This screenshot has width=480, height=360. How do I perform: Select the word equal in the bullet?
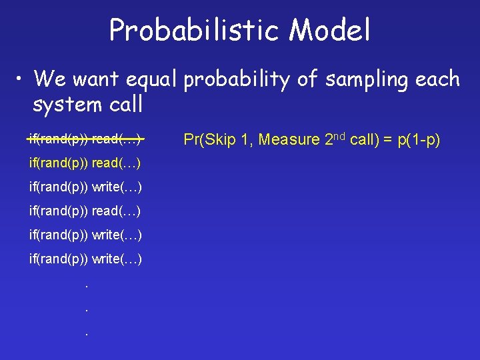pyautogui.click(x=147, y=80)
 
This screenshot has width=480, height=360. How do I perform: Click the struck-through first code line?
pyautogui.click(x=85, y=139)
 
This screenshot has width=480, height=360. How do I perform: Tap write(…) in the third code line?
pyautogui.click(x=117, y=187)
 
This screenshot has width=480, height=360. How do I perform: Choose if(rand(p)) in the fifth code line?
pyautogui.click(x=59, y=235)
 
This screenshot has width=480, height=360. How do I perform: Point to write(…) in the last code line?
pyautogui.click(x=117, y=259)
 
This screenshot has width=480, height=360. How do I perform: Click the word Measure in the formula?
pyautogui.click(x=289, y=140)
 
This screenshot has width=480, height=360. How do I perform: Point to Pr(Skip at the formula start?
pyautogui.click(x=208, y=140)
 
